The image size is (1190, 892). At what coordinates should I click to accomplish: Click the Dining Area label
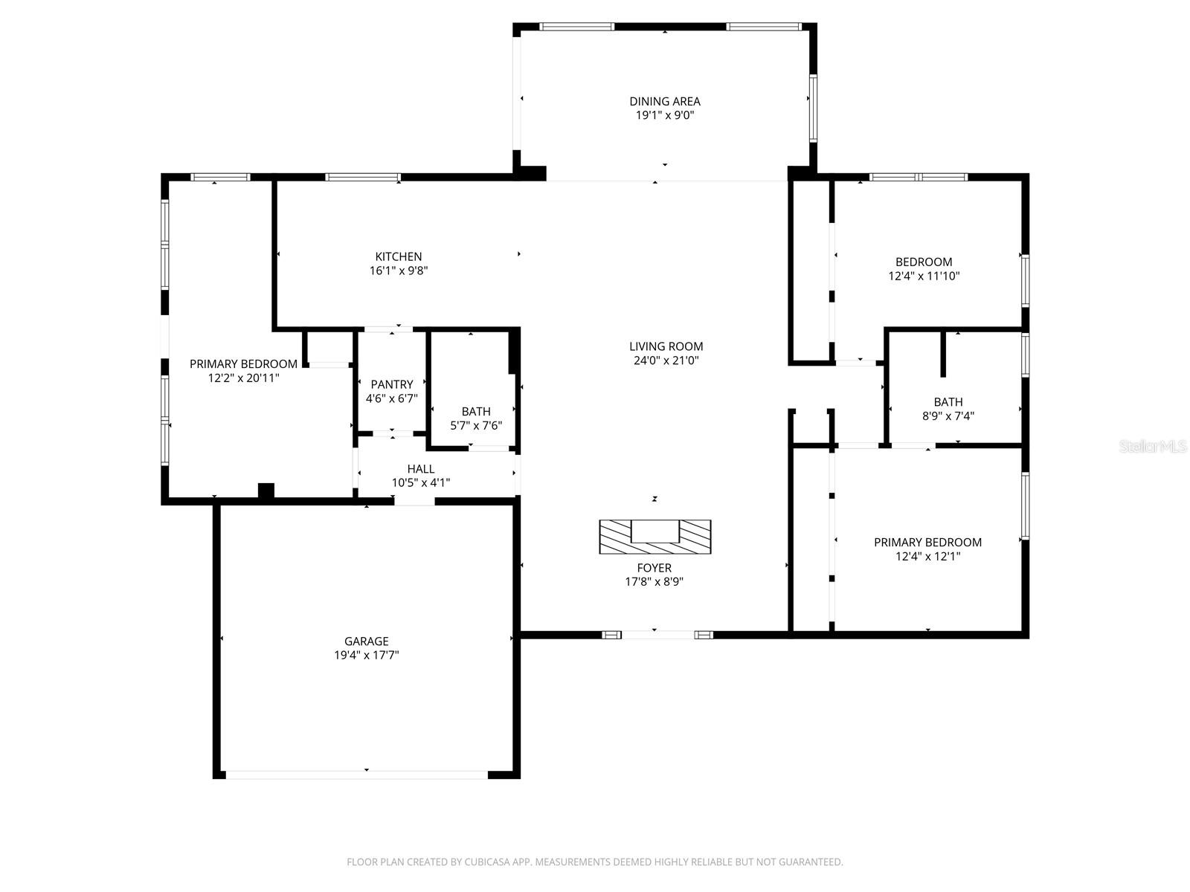664,101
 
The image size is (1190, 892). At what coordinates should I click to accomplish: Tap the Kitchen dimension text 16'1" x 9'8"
399,271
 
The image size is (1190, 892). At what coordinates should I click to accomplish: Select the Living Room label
666,346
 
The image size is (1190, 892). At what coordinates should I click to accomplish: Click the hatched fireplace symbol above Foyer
654,537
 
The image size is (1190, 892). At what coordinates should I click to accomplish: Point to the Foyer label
654,568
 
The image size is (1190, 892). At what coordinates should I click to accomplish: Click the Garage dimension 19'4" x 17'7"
366,655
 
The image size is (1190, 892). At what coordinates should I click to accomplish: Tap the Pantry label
392,384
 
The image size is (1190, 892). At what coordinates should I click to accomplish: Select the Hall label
421,469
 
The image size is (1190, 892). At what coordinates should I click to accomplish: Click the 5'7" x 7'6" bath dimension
476,425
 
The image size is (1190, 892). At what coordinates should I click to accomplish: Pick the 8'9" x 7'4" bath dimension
948,416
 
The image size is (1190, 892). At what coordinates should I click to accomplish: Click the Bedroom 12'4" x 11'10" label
924,262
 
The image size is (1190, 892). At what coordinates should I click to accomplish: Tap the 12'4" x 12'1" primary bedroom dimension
927,556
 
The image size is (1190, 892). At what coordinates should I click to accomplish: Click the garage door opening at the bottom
357,775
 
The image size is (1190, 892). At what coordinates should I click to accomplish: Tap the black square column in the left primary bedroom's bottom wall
266,491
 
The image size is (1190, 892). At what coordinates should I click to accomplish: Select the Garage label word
366,641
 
